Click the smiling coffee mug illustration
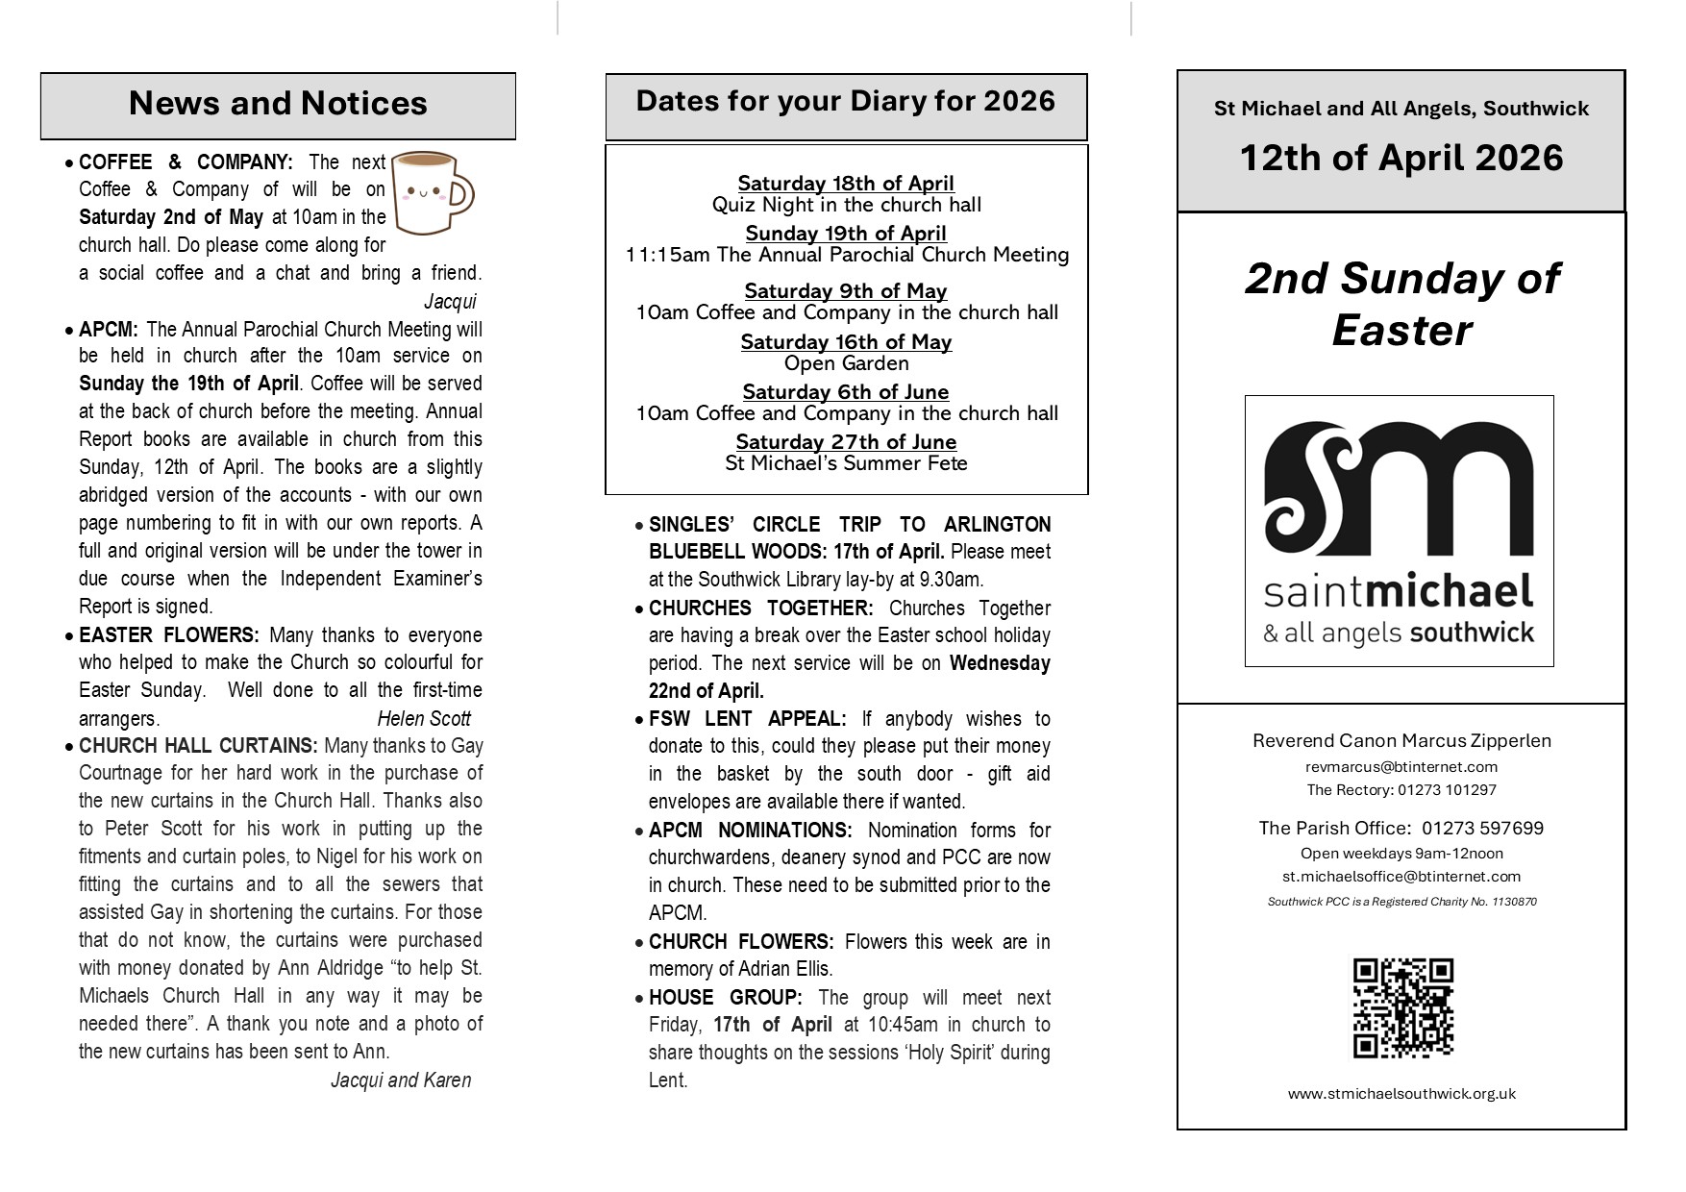(x=434, y=192)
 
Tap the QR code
(x=1402, y=1007)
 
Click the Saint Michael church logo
(x=1399, y=531)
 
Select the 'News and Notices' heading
(x=278, y=104)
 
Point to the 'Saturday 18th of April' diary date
(x=846, y=183)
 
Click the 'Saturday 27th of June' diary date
(x=846, y=442)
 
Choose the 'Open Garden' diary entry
(x=846, y=363)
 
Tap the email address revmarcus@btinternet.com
(x=1401, y=767)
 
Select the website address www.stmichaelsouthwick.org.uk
(x=1401, y=1094)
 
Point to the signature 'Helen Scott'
(x=424, y=719)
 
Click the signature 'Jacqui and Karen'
(x=401, y=1080)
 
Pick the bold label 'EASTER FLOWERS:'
(x=169, y=635)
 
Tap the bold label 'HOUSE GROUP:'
(x=726, y=998)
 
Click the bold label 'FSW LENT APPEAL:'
(x=748, y=719)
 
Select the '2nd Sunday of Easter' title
(x=1401, y=304)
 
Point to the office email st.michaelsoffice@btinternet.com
(x=1401, y=877)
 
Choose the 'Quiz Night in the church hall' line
(x=846, y=205)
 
